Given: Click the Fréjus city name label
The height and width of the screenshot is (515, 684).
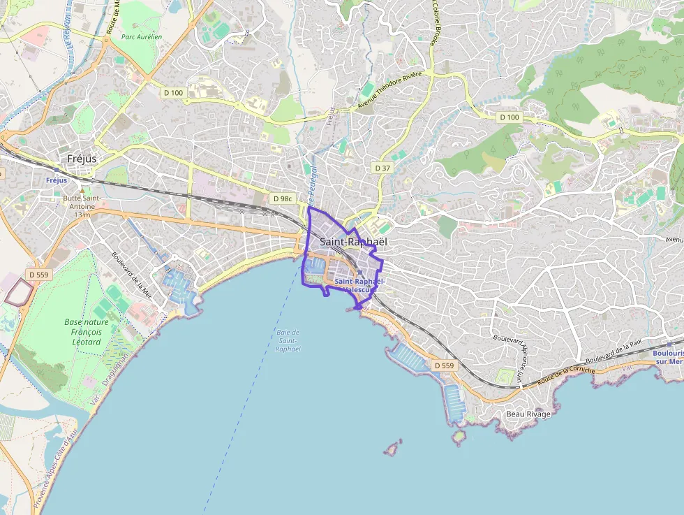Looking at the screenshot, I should (x=82, y=159).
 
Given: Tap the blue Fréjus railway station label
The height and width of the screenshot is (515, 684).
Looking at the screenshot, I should (x=57, y=180).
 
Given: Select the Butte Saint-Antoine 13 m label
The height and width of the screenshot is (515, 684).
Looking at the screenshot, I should (x=82, y=206).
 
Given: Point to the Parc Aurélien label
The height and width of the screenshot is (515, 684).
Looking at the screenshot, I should (x=141, y=37).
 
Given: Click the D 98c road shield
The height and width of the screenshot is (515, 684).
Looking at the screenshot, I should (x=282, y=198).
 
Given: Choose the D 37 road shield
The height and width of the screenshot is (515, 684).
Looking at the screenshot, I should (x=382, y=168).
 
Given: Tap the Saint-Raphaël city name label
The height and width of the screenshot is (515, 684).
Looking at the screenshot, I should (x=352, y=242).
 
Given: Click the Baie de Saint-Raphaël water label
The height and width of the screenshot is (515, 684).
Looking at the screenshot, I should (x=288, y=340).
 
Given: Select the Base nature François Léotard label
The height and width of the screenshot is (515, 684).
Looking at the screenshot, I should (x=87, y=332).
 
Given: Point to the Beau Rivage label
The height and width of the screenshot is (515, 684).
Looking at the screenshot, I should (x=528, y=414).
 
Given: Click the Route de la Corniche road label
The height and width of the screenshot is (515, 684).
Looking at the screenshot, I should (x=566, y=375).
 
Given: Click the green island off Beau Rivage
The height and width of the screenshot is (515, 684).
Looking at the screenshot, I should (x=459, y=437).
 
